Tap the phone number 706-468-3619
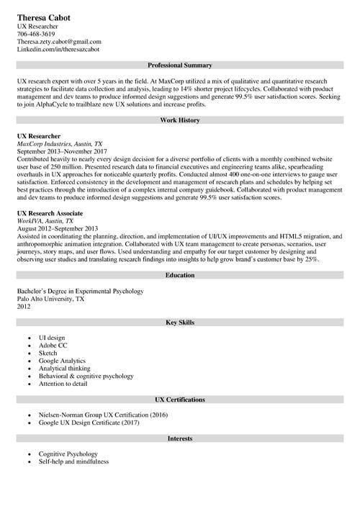pos(35,34)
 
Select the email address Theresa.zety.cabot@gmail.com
pos(59,42)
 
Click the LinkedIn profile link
pos(58,50)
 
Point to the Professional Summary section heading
pos(179,66)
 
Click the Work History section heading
pos(179,120)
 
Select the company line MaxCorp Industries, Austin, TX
pos(59,143)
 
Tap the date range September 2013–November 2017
pos(61,151)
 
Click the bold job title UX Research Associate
pos(50,214)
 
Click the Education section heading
pos(179,275)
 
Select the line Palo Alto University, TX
pos(50,299)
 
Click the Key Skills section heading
pos(179,322)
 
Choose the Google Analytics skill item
pos(62,361)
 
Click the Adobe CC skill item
pos(53,346)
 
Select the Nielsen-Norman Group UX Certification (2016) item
pos(103,415)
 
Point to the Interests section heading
pos(179,438)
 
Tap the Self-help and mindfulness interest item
pos(73,461)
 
